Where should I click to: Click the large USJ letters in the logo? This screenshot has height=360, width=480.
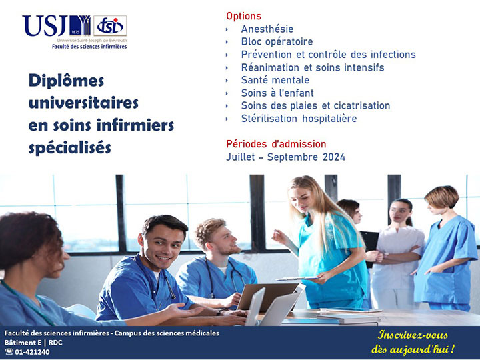[x=45, y=26]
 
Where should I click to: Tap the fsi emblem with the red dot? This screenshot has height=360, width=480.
[x=110, y=26]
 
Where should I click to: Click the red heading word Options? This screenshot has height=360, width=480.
[x=244, y=16]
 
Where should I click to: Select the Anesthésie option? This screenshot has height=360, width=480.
[x=267, y=29]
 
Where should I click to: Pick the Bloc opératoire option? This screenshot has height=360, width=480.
[x=277, y=41]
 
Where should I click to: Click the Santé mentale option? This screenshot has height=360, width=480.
[x=275, y=80]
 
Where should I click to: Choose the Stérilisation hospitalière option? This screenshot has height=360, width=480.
[x=299, y=119]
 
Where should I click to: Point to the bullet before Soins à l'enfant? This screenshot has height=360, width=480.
[x=227, y=93]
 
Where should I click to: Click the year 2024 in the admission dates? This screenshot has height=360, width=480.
[x=334, y=157]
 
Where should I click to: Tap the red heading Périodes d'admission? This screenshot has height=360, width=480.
[x=276, y=144]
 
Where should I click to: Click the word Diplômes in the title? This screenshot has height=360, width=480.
[x=67, y=81]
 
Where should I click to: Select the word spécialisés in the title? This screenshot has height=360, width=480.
[x=70, y=148]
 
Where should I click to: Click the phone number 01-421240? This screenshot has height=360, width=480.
[x=32, y=352]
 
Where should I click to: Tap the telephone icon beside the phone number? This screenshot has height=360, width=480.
[x=9, y=352]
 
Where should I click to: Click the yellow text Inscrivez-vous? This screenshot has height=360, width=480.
[x=413, y=335]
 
